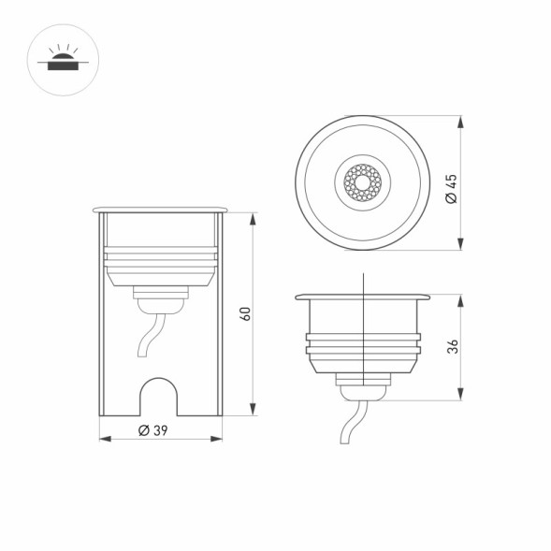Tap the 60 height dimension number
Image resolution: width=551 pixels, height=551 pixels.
pos(245,313)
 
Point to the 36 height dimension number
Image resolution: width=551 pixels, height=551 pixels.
pos(453,347)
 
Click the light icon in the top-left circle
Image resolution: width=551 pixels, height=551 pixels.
pos(63,61)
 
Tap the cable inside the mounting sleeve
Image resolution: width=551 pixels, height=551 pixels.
pos(149,339)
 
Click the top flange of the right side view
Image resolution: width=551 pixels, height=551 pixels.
pos(363,297)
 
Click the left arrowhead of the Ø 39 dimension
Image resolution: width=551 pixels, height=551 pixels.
pos(102,439)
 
